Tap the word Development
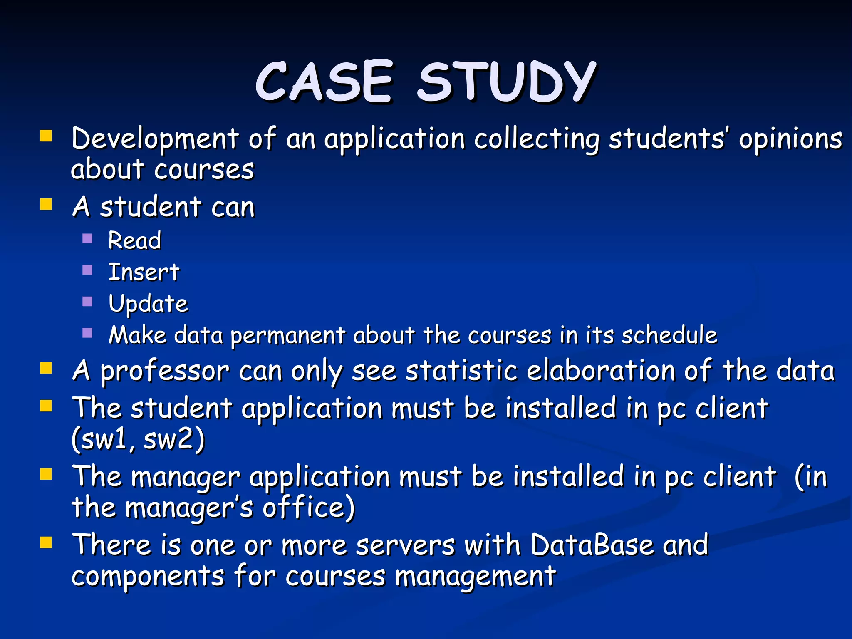click(x=155, y=139)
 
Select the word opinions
click(x=790, y=139)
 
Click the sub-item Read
click(x=134, y=240)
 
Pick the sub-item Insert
click(x=144, y=272)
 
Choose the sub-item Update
click(x=148, y=304)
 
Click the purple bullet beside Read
click(x=87, y=238)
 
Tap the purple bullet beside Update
click(x=87, y=302)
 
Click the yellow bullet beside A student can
click(x=46, y=204)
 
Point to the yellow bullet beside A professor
click(x=46, y=368)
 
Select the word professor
click(x=165, y=371)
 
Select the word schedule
click(x=669, y=335)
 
